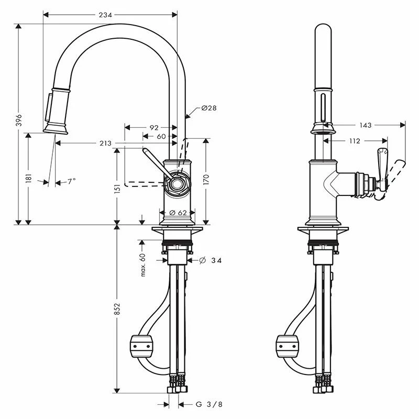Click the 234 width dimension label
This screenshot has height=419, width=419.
click(105, 15)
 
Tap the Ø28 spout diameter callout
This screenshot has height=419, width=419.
click(209, 108)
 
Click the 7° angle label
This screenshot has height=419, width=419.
click(72, 181)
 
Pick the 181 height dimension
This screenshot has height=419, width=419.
click(29, 178)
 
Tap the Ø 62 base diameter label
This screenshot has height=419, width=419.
click(179, 213)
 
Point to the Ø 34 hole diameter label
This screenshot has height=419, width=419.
click(209, 260)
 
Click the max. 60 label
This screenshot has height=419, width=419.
click(142, 264)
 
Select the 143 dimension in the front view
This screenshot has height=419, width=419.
click(366, 125)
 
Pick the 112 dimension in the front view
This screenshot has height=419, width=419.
click(354, 140)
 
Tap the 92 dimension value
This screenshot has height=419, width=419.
click(153, 127)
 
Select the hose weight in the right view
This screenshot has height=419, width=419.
click(287, 346)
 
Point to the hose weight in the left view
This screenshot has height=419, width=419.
click(140, 346)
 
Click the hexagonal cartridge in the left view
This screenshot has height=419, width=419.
click(177, 183)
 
